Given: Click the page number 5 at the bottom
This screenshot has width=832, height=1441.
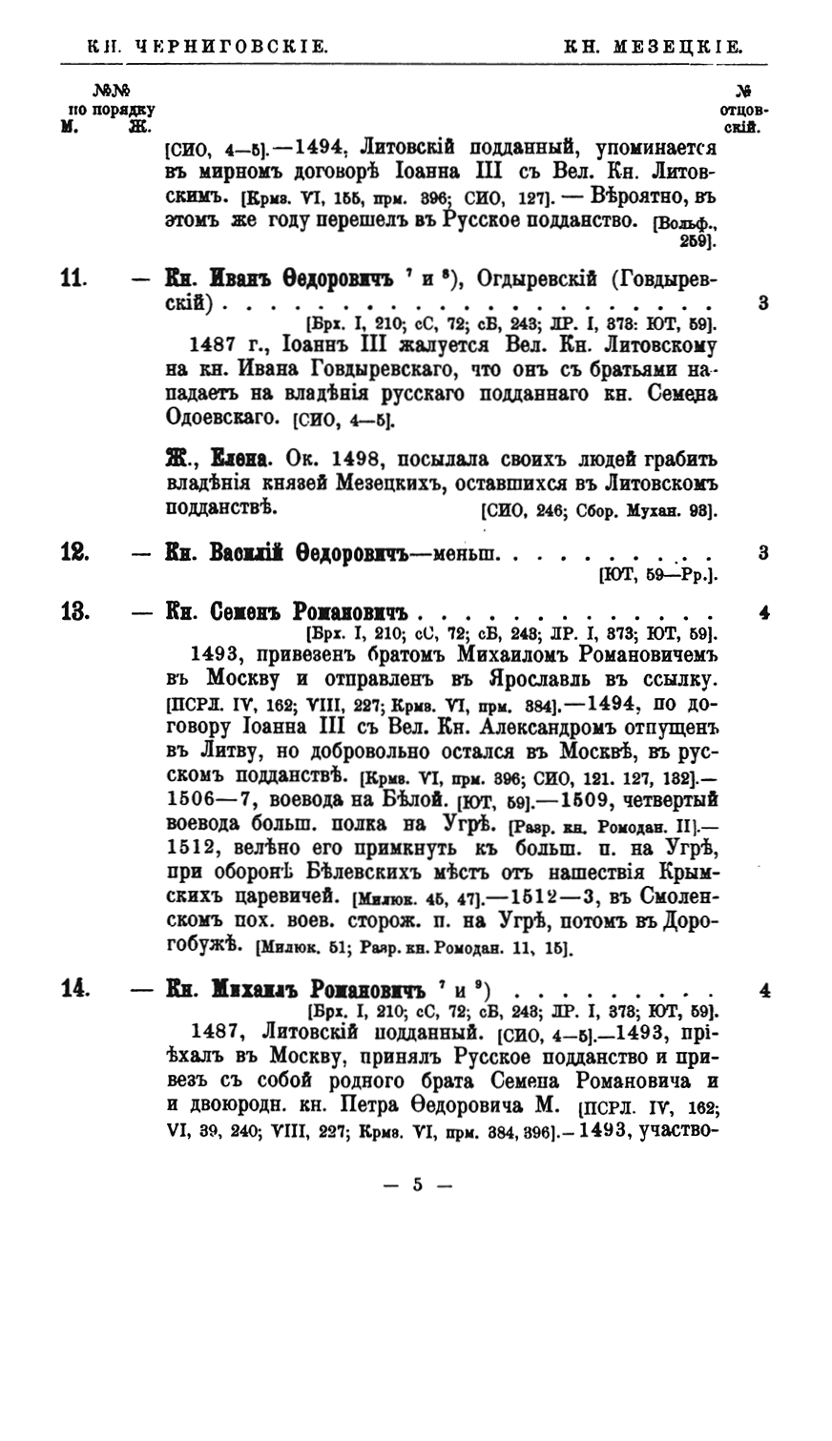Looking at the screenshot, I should pos(416,1185).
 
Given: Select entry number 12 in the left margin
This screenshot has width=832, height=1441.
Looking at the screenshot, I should pos(74,551).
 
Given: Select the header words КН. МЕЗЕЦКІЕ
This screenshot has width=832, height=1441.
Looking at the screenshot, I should pos(655,44).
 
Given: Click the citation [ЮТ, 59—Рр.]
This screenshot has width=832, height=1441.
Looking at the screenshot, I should pos(657,574).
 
